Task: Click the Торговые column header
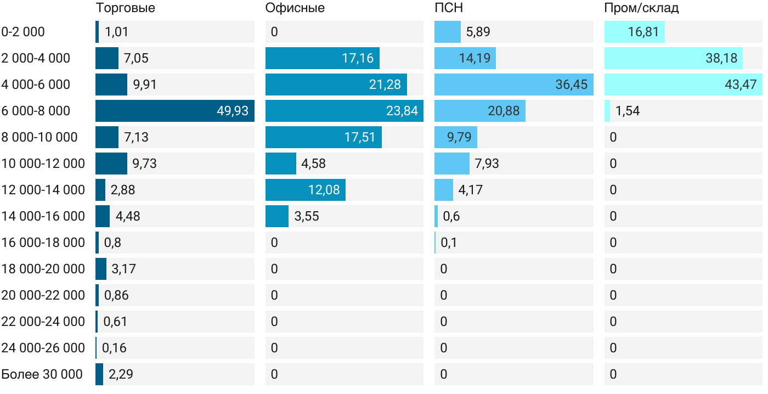pyautogui.click(x=125, y=8)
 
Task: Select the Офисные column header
pyautogui.click(x=295, y=8)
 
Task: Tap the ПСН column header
pyautogui.click(x=448, y=8)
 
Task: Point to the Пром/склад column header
pyautogui.click(x=641, y=8)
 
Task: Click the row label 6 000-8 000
pyautogui.click(x=36, y=111)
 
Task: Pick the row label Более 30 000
pyautogui.click(x=42, y=374)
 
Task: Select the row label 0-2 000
pyautogui.click(x=23, y=32)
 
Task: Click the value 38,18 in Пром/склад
pyautogui.click(x=721, y=58)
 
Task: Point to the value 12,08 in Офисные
pyautogui.click(x=324, y=190)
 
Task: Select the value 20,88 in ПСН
pyautogui.click(x=504, y=111)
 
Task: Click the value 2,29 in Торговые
pyautogui.click(x=121, y=374)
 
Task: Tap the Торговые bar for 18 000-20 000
pyautogui.click(x=101, y=269)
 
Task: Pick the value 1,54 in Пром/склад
pyautogui.click(x=627, y=111)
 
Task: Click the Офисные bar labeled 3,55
pyautogui.click(x=276, y=216)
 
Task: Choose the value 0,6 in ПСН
pyautogui.click(x=451, y=216)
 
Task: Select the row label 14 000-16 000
pyautogui.click(x=43, y=216)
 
